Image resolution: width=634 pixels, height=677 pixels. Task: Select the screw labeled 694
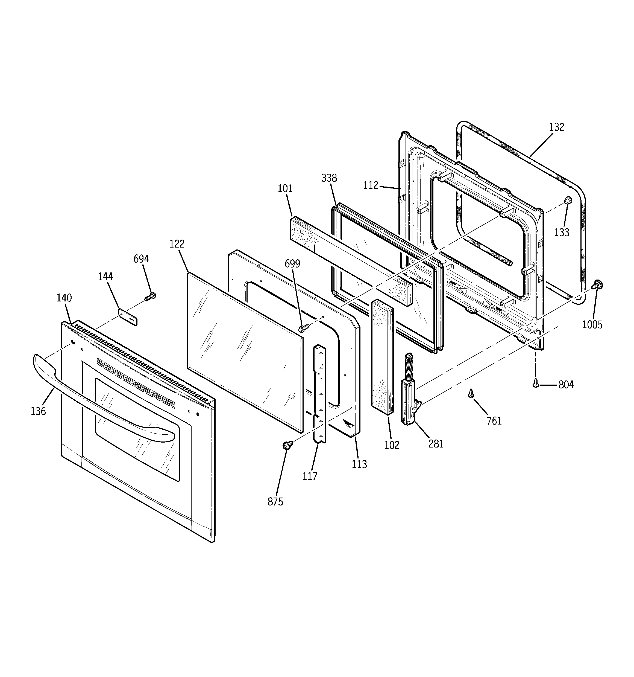coord(150,296)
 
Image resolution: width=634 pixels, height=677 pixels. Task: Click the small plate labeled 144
coord(128,317)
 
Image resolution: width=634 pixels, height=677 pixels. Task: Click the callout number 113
coord(359,464)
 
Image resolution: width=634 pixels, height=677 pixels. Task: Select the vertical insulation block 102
coord(382,358)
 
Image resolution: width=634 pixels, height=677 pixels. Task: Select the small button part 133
coord(568,200)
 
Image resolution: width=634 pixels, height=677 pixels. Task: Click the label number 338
coord(329,178)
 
